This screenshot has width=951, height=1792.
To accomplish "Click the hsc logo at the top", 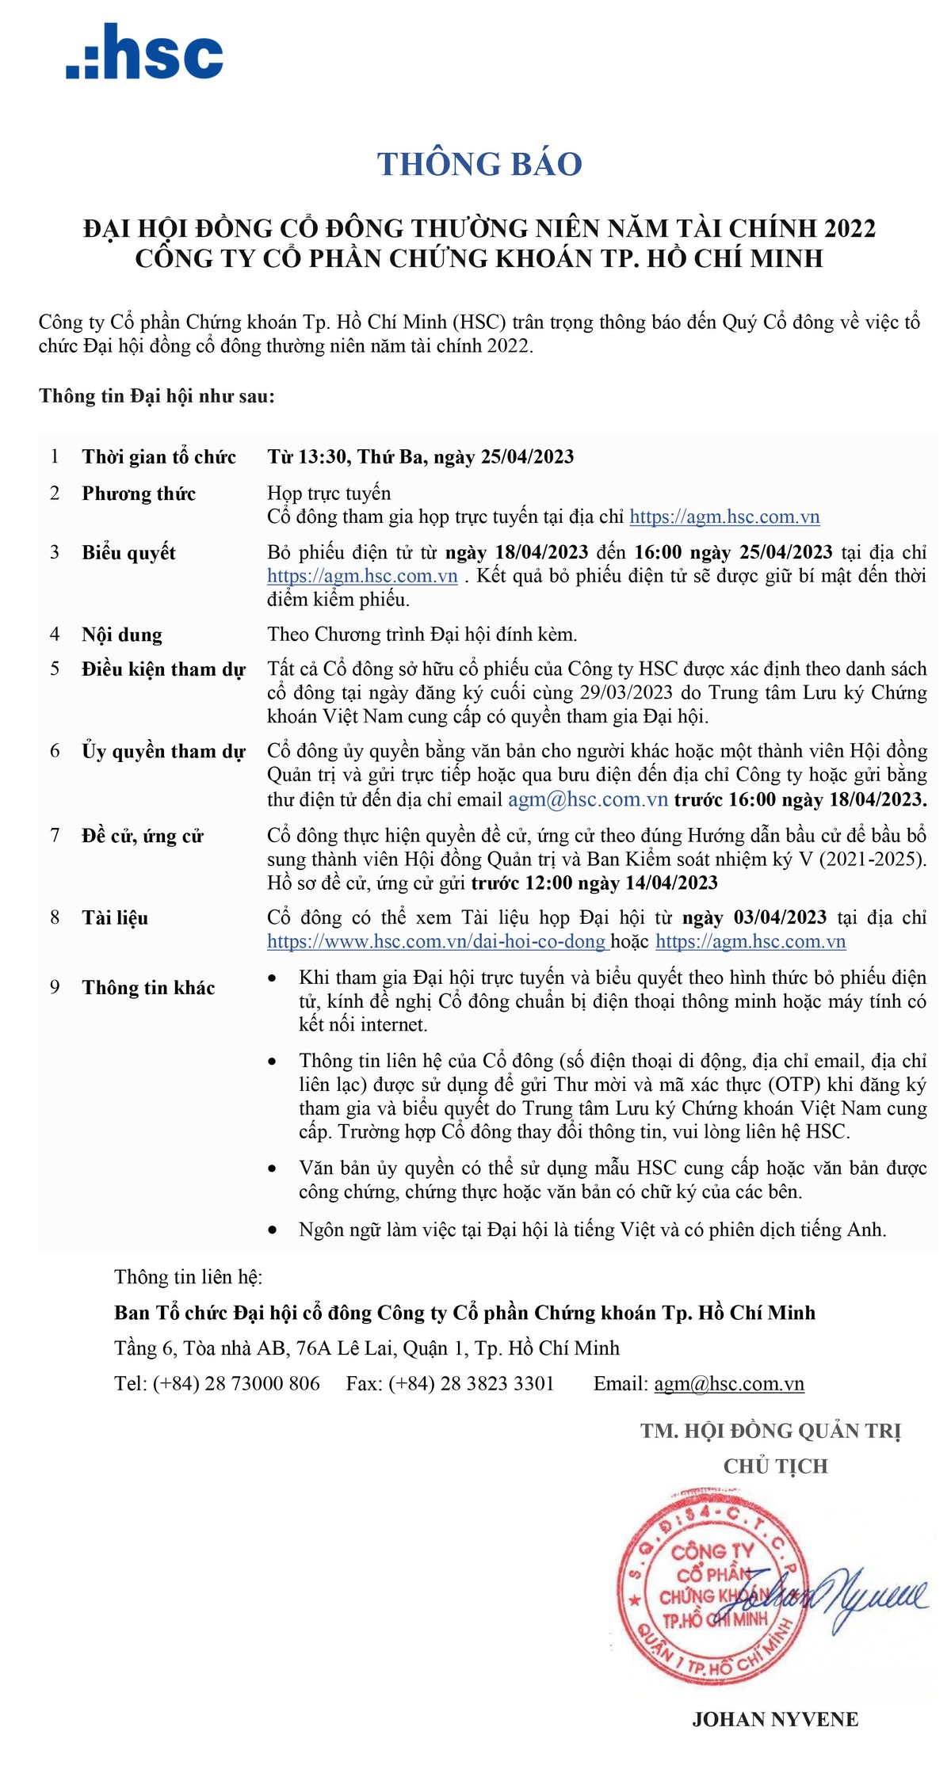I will [145, 52].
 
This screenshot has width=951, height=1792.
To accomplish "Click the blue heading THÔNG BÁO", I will [479, 164].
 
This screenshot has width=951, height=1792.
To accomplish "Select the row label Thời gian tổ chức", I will [158, 457].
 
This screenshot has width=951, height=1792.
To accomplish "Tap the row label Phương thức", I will [139, 494].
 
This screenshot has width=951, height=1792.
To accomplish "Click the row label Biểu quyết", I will [128, 553].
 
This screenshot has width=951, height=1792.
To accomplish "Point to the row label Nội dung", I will [122, 635].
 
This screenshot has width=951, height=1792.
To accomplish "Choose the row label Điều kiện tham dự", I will [163, 669].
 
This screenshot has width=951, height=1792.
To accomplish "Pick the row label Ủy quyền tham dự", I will [163, 752].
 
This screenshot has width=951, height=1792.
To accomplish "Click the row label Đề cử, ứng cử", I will [143, 836].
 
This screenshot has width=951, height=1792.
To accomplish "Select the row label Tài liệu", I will [115, 918].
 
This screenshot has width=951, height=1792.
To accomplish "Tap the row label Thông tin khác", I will [148, 988].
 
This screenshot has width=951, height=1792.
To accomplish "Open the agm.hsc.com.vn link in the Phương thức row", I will [724, 517].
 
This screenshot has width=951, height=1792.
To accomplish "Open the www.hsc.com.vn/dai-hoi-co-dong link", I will [437, 942].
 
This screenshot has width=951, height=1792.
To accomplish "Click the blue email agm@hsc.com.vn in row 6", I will [588, 799].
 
